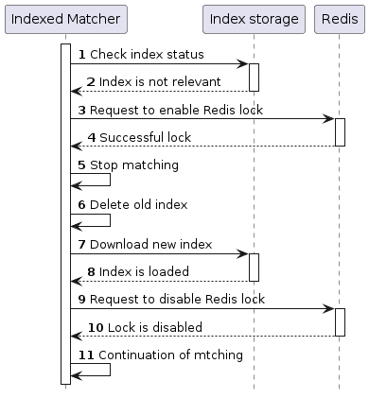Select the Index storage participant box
(254, 19)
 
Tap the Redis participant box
(339, 19)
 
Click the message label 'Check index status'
(147, 56)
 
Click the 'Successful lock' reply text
(145, 138)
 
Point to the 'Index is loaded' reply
(144, 272)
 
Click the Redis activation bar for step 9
(340, 321)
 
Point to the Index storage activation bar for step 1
(254, 78)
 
